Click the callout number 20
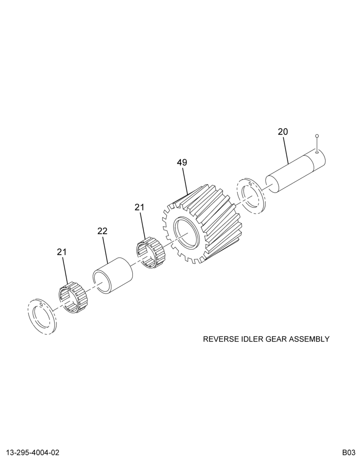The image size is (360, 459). coord(283,132)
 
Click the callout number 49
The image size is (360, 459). coord(182,162)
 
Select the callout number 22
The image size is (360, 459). coord(102,231)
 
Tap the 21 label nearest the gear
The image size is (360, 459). coord(140,207)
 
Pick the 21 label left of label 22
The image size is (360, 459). coord(62,252)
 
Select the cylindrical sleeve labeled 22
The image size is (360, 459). coord(113,275)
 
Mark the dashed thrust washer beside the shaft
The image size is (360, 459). coord(252,196)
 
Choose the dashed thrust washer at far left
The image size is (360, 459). coord(42,317)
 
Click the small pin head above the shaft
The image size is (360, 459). coord(317,136)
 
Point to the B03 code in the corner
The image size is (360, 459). coord(349,453)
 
